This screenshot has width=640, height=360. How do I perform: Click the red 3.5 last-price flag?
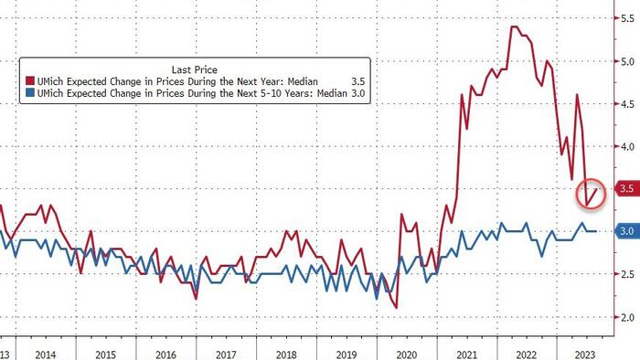627,188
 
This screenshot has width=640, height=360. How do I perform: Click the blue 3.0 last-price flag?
627,231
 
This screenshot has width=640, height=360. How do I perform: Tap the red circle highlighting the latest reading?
591,195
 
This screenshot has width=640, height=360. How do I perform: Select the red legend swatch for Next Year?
30,80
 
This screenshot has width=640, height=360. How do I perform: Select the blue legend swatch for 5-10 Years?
30,92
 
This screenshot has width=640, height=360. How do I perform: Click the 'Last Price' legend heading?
194,69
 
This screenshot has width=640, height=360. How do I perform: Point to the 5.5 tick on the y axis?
627,19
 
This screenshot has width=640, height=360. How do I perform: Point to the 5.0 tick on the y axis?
627,61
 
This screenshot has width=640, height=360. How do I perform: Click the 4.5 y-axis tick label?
627,104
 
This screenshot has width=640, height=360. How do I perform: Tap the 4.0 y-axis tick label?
627,146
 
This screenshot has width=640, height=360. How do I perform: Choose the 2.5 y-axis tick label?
627,274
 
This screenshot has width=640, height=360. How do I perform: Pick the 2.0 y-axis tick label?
627,317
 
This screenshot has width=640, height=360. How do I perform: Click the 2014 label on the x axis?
46,355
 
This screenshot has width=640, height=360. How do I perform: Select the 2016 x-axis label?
165,355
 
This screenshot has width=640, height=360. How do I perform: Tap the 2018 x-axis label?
286,355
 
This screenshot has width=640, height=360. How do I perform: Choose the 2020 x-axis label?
407,355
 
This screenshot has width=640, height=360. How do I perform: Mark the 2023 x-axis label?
585,355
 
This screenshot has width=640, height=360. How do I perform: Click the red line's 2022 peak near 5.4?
514,26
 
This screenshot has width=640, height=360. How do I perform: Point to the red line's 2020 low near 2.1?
396,307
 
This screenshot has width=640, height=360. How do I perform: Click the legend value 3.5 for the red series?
358,81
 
